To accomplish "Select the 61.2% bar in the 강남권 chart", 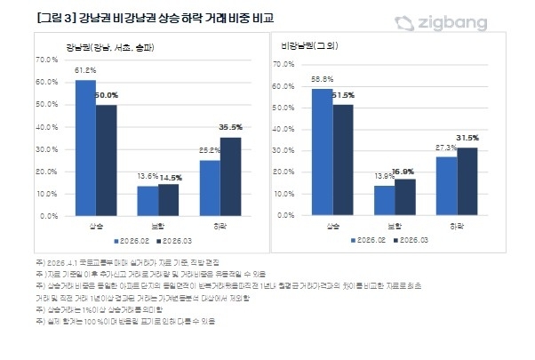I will [x=85, y=147].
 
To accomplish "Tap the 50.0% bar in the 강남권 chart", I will [x=107, y=160].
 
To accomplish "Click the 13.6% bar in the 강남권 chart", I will [x=147, y=200].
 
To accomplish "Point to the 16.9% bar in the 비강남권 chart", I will [x=405, y=197].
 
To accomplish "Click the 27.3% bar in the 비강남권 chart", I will [x=446, y=186].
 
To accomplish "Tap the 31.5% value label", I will [x=467, y=138].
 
